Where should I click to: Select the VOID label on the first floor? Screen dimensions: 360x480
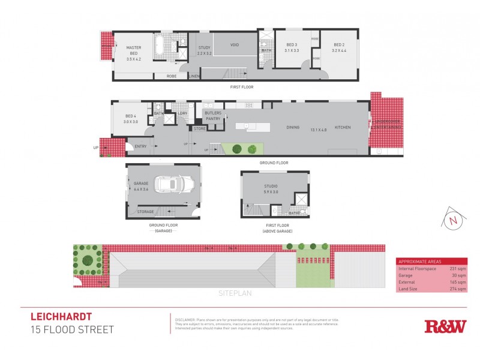tap(235, 44)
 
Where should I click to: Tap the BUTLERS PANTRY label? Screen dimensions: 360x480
tap(213, 116)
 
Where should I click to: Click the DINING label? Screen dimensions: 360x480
tap(293, 127)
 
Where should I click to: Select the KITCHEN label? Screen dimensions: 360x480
tap(343, 127)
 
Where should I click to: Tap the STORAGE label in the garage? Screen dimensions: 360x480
tap(146, 211)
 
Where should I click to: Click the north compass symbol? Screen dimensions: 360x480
tap(452, 220)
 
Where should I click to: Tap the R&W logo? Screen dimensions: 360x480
tap(445, 326)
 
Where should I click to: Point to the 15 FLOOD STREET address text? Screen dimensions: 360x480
tap(72, 329)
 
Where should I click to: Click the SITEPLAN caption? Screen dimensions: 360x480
tap(235, 294)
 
